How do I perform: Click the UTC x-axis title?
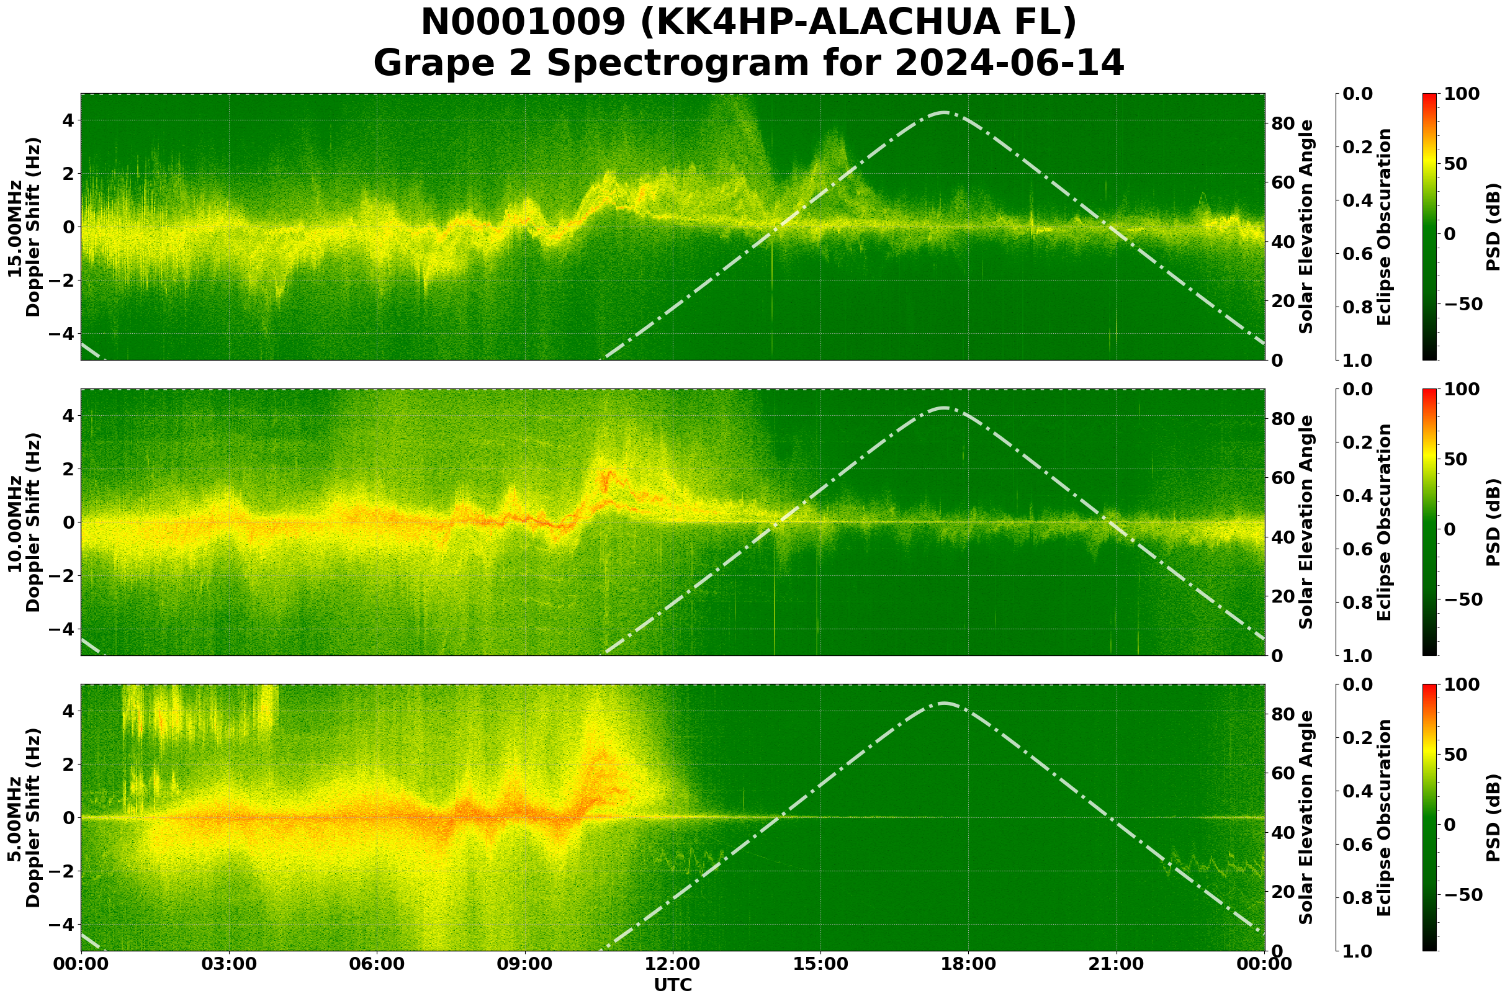(673, 985)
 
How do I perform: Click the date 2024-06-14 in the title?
(1009, 64)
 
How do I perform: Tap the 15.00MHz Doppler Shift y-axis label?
(24, 227)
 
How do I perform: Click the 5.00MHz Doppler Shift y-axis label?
(24, 818)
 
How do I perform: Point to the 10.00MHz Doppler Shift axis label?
(24, 522)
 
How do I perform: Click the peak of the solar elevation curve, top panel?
(943, 112)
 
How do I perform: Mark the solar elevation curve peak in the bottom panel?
(943, 704)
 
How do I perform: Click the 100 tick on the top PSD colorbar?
(1462, 94)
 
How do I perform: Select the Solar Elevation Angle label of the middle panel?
(1306, 522)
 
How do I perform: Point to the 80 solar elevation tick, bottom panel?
(1282, 714)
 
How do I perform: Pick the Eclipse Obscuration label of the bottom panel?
(1383, 818)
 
